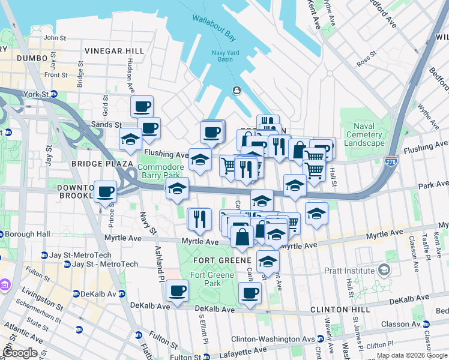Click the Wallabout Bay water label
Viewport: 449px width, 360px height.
pyautogui.click(x=214, y=26)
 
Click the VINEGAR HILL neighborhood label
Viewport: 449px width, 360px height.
pyautogui.click(x=115, y=51)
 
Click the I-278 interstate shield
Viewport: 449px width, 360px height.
pyautogui.click(x=390, y=161)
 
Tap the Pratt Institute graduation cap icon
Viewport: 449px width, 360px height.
pyautogui.click(x=383, y=271)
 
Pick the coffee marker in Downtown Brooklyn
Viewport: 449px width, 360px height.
pyautogui.click(x=106, y=193)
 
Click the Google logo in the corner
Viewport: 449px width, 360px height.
pyautogui.click(x=20, y=353)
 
